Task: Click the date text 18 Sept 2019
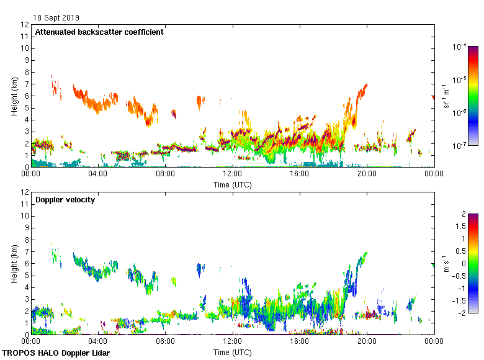(56, 18)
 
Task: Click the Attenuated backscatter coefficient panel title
(99, 32)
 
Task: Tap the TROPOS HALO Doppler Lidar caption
(59, 353)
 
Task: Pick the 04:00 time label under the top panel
(98, 174)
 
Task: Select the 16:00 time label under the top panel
(300, 174)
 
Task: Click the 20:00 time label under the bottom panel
(367, 342)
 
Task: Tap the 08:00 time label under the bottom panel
(165, 342)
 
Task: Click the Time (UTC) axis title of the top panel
(233, 184)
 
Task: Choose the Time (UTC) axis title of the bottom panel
(233, 352)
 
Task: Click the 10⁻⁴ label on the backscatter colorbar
(460, 47)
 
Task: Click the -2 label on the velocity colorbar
(460, 312)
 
